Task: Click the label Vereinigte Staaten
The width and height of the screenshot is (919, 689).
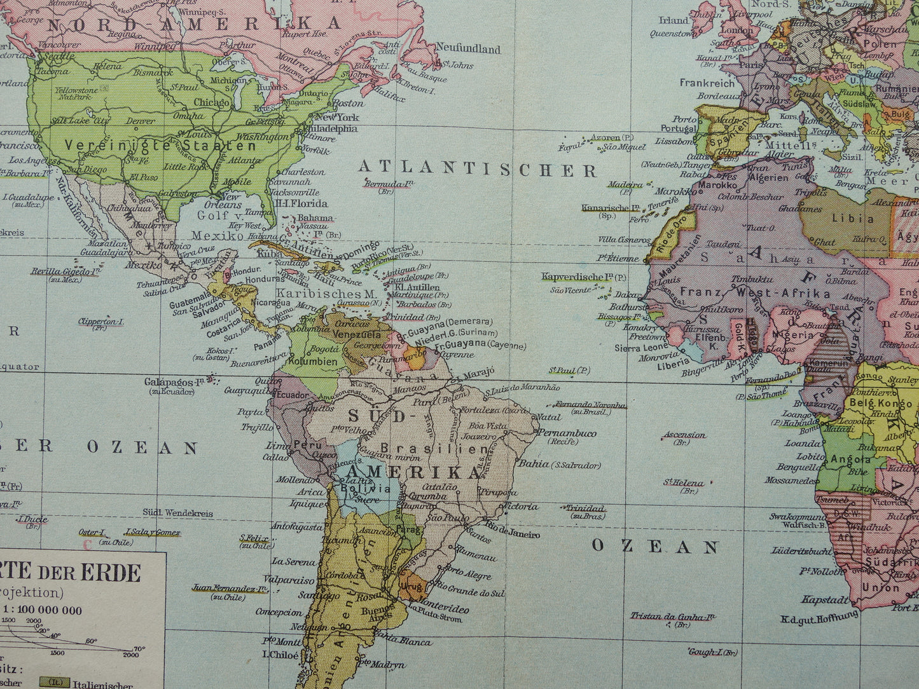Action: (x=160, y=145)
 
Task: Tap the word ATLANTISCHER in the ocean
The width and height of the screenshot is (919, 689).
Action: (x=477, y=170)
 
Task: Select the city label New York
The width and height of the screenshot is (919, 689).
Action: (x=337, y=117)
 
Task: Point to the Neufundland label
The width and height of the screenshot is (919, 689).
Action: (x=468, y=49)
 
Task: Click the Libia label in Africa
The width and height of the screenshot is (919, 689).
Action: (x=852, y=218)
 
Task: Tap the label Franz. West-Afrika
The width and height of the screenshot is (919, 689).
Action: (x=755, y=293)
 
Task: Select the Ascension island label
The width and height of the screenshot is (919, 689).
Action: (x=684, y=435)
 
